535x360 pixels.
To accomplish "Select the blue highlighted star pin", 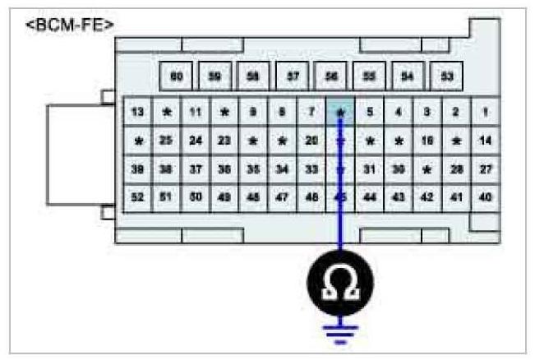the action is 341,112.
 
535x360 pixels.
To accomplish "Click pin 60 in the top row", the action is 175,76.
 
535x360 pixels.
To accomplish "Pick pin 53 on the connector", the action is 446,76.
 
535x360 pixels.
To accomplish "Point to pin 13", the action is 138,112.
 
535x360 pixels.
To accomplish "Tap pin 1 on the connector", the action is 486,112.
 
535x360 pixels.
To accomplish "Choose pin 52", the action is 138,198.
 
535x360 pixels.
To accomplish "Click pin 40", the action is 486,198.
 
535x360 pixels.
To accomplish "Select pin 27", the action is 486,169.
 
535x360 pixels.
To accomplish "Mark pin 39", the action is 138,169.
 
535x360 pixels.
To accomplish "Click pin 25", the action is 167,141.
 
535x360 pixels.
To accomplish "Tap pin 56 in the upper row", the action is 332,76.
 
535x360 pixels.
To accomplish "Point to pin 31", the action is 370,169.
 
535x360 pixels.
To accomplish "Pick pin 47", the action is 283,198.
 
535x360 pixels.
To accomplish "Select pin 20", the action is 311,141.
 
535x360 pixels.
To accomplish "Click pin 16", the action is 427,141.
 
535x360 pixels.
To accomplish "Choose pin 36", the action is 224,169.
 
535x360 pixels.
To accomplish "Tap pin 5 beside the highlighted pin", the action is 370,112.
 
